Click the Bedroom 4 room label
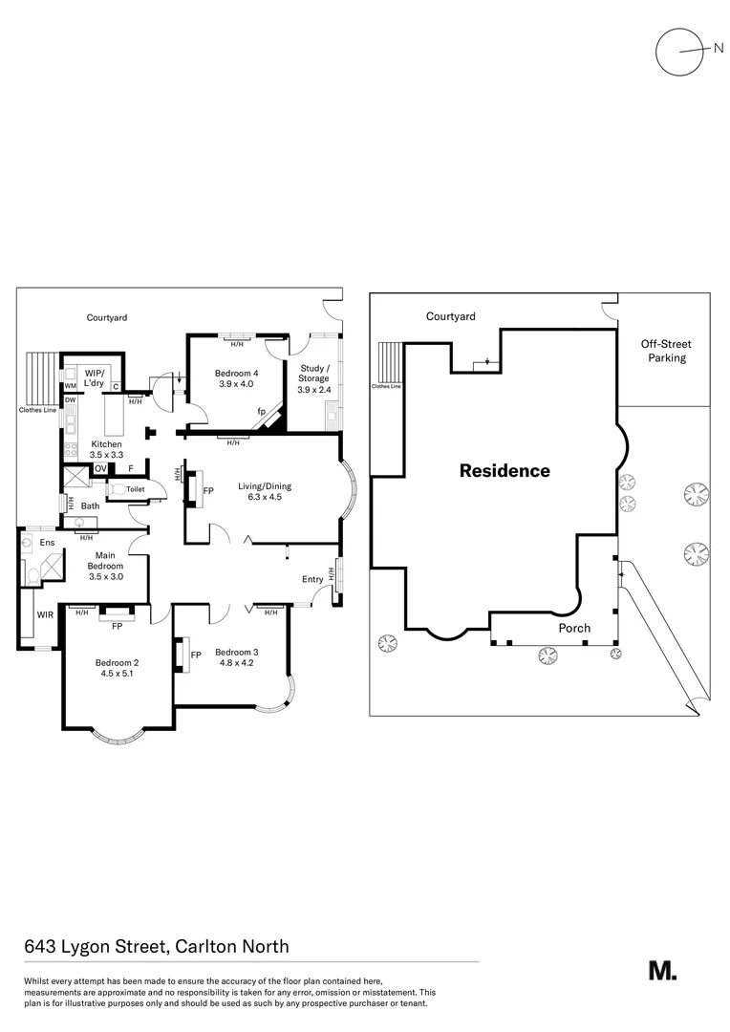click(236, 373)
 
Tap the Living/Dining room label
click(265, 486)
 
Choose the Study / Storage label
click(313, 373)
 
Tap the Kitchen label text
click(106, 444)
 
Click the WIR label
click(45, 615)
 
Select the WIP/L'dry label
click(94, 376)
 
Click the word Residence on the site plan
click(505, 471)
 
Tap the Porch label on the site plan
click(575, 628)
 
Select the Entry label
click(312, 579)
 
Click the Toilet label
click(136, 489)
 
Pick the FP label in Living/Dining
click(208, 491)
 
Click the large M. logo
click(662, 970)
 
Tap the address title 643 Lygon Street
click(157, 947)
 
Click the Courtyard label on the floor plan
click(107, 317)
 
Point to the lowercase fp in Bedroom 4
click(260, 412)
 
